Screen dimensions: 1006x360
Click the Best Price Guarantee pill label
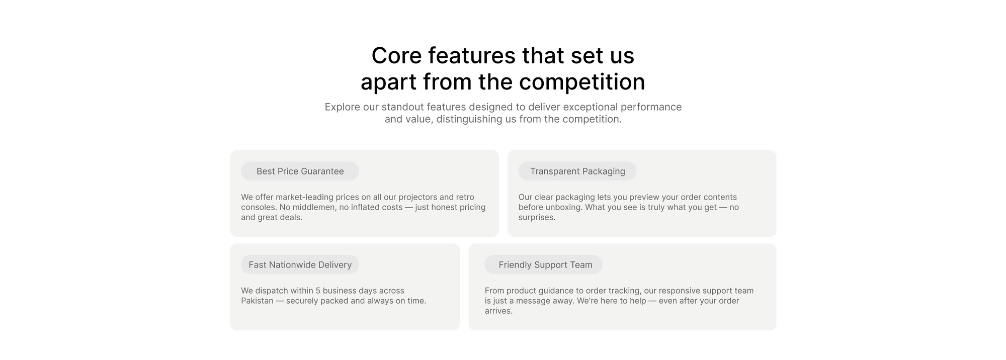pos(300,171)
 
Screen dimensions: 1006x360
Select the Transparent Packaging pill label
pos(577,171)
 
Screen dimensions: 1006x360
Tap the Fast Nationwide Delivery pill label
pos(300,264)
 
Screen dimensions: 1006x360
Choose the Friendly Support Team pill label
pos(544,264)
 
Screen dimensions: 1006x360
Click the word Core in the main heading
pos(396,55)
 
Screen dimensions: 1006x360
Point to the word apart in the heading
pos(388,82)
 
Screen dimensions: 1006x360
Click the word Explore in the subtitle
pos(342,107)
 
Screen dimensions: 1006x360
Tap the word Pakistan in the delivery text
pos(257,301)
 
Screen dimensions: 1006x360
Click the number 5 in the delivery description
pos(318,291)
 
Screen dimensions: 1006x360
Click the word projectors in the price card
pos(418,197)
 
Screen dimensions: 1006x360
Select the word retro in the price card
pos(465,197)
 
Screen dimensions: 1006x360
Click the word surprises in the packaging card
pos(537,217)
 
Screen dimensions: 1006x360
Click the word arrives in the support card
pos(498,311)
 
